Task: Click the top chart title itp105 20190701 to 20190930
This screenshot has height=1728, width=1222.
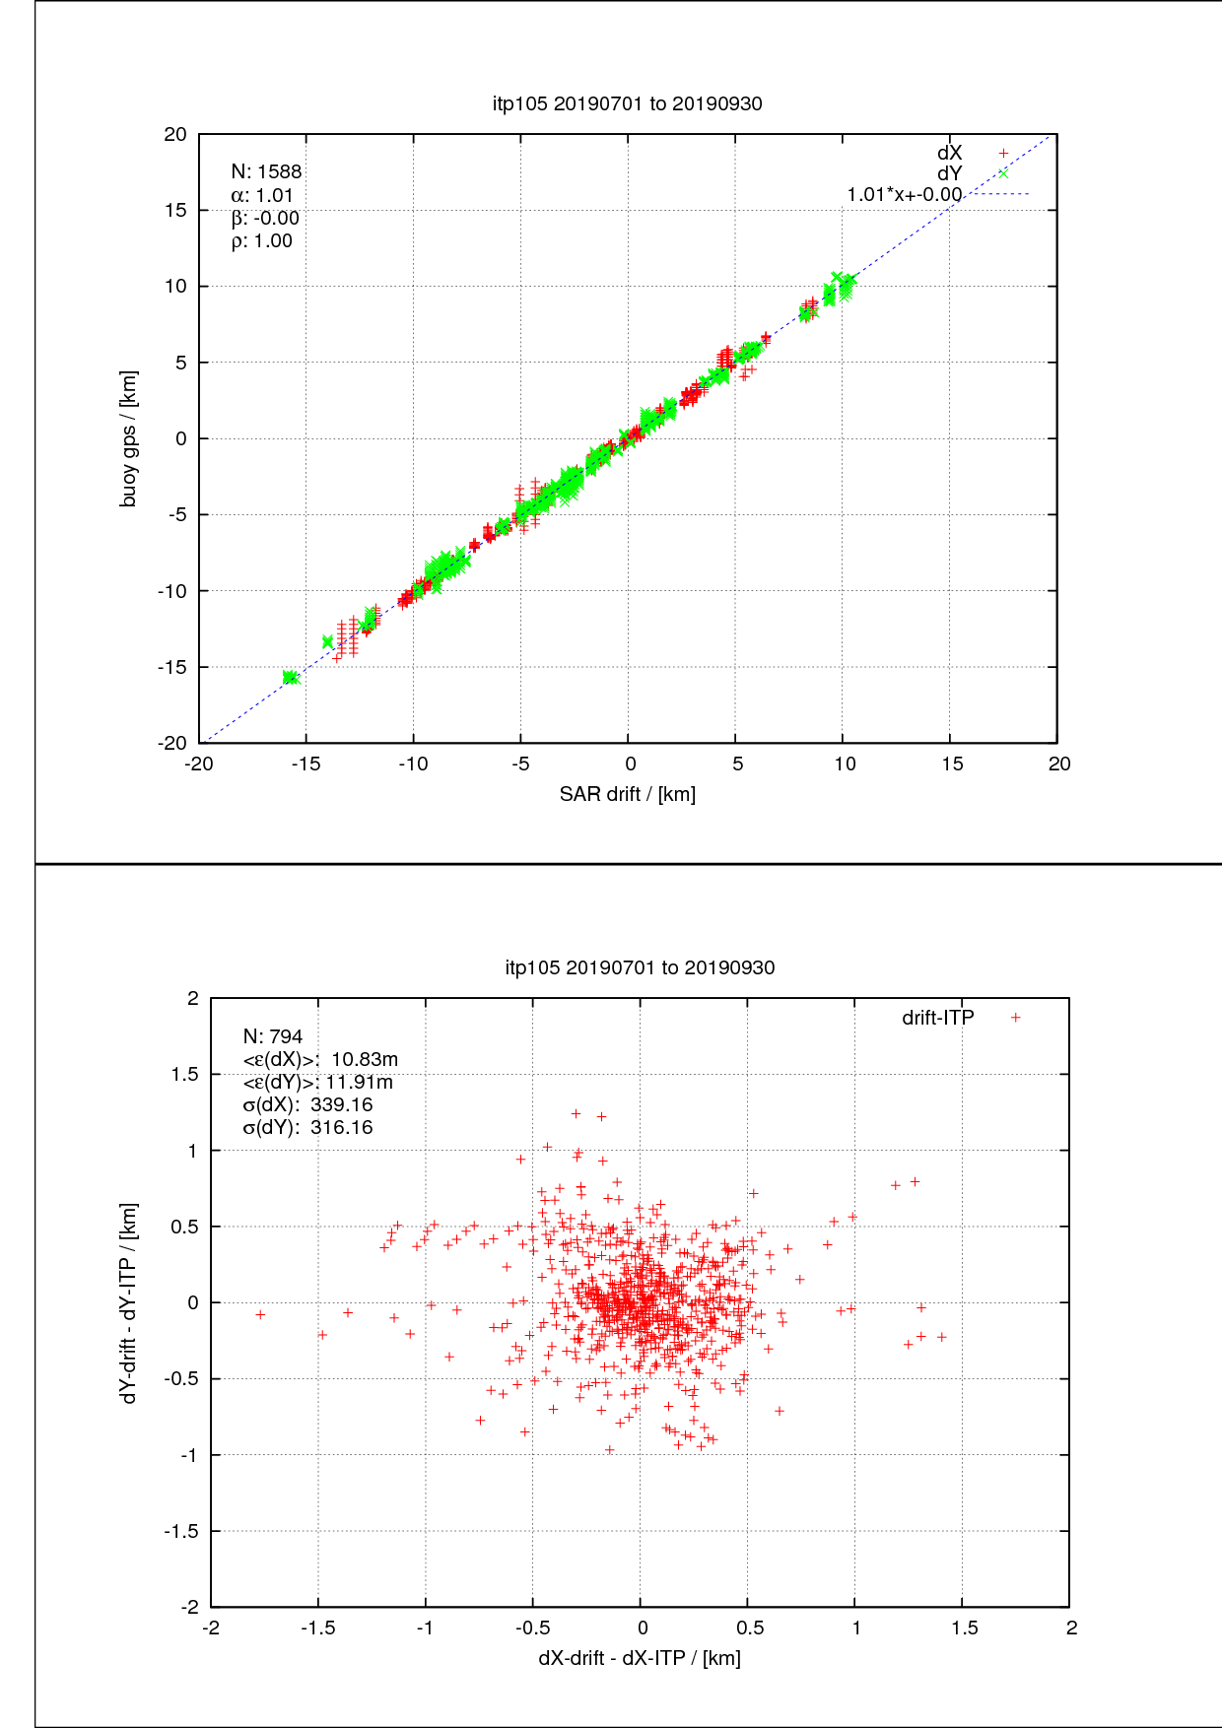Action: (627, 103)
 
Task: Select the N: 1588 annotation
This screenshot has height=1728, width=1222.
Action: (266, 171)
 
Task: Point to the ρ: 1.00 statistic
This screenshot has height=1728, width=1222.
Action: (262, 241)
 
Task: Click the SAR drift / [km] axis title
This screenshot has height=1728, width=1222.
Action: (628, 794)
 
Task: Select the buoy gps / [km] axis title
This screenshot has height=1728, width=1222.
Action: (128, 438)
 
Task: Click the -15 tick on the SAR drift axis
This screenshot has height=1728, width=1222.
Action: (305, 764)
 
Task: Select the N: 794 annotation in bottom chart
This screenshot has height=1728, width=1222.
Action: (273, 1036)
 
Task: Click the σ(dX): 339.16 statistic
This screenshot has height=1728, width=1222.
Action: (307, 1104)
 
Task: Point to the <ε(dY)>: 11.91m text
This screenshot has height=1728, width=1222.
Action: (317, 1082)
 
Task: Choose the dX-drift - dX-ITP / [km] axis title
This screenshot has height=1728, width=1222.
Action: (640, 1658)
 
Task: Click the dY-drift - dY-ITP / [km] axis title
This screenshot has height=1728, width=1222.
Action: (128, 1302)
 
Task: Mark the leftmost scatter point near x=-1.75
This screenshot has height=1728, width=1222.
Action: (260, 1314)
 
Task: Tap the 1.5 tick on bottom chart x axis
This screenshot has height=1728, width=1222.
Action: (964, 1628)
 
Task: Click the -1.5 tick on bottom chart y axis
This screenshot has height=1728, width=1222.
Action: (181, 1531)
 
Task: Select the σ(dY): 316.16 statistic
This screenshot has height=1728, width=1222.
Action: (307, 1128)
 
